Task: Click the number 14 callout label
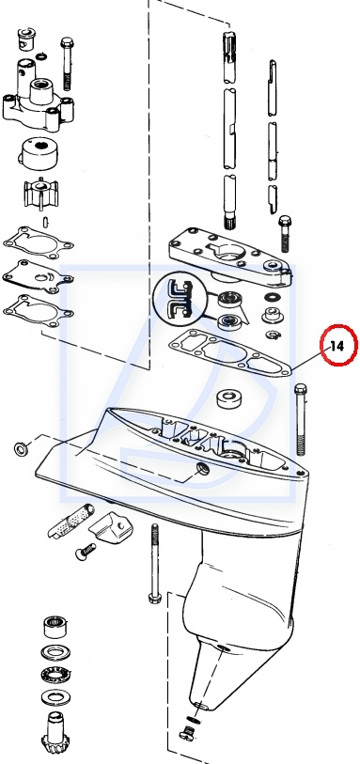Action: (337, 346)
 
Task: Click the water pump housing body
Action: (38, 103)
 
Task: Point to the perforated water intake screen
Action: (70, 521)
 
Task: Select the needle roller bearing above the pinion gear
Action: (56, 627)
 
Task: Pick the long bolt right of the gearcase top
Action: (301, 419)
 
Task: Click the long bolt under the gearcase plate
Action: (155, 563)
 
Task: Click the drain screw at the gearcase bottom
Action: (186, 731)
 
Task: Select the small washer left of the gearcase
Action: (22, 447)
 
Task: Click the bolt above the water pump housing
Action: (68, 63)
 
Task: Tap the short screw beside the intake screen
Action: (86, 551)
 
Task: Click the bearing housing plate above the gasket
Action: (231, 257)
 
